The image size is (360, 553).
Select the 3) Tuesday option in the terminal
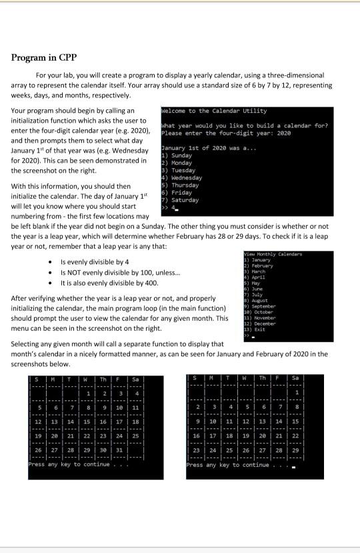(177, 170)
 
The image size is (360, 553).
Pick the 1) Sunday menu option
(176, 155)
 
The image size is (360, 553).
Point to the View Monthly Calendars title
(273, 254)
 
